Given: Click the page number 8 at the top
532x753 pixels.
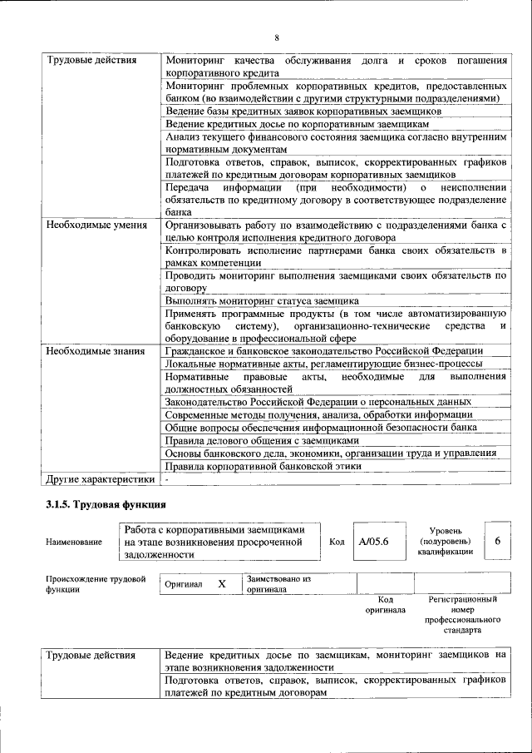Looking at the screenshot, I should click(x=277, y=37).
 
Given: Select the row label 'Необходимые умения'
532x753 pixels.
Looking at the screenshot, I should click(x=97, y=225).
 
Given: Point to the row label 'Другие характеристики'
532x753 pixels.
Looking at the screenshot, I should click(x=100, y=479).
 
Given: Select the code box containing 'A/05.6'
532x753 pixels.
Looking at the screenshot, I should click(x=375, y=541).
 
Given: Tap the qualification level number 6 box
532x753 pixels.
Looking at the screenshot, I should click(x=497, y=541).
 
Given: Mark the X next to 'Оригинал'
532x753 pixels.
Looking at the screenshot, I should click(x=222, y=584).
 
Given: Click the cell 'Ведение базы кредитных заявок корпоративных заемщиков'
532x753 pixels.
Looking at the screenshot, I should click(x=303, y=111).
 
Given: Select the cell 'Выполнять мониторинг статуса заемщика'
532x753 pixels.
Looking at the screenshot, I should click(x=262, y=300).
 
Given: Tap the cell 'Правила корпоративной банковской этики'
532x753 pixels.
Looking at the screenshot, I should click(x=278, y=467).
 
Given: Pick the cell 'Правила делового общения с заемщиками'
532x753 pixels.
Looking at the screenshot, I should click(x=262, y=439).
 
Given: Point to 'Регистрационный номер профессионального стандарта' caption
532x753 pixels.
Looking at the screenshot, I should click(x=462, y=615).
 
